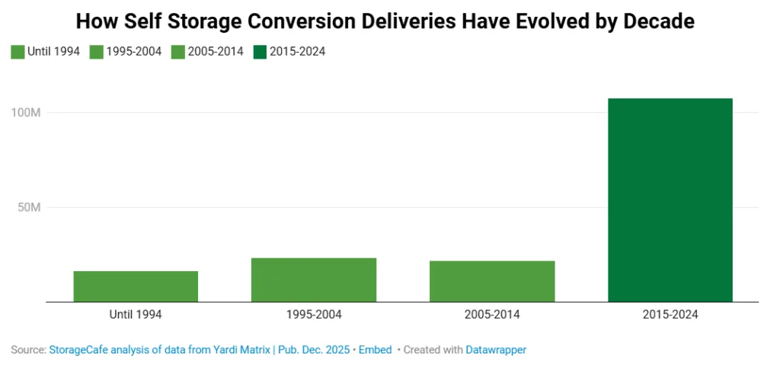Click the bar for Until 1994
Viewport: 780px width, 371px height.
click(x=136, y=286)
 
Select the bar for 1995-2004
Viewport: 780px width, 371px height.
click(x=314, y=280)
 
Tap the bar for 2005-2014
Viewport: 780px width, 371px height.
click(x=492, y=281)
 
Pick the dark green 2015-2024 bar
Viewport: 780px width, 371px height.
click(x=670, y=200)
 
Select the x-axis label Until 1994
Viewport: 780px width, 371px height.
click(x=136, y=314)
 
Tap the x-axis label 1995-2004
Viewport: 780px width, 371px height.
click(x=314, y=314)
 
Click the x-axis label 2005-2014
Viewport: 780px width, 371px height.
click(x=492, y=314)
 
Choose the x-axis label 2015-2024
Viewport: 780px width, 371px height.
click(x=670, y=314)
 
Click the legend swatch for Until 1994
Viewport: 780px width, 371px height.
click(x=18, y=53)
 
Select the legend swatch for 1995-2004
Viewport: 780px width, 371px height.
click(x=97, y=53)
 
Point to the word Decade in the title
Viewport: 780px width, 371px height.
click(x=658, y=21)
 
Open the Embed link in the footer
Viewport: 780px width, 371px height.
click(x=376, y=350)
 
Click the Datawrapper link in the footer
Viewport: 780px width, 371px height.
click(x=496, y=350)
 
